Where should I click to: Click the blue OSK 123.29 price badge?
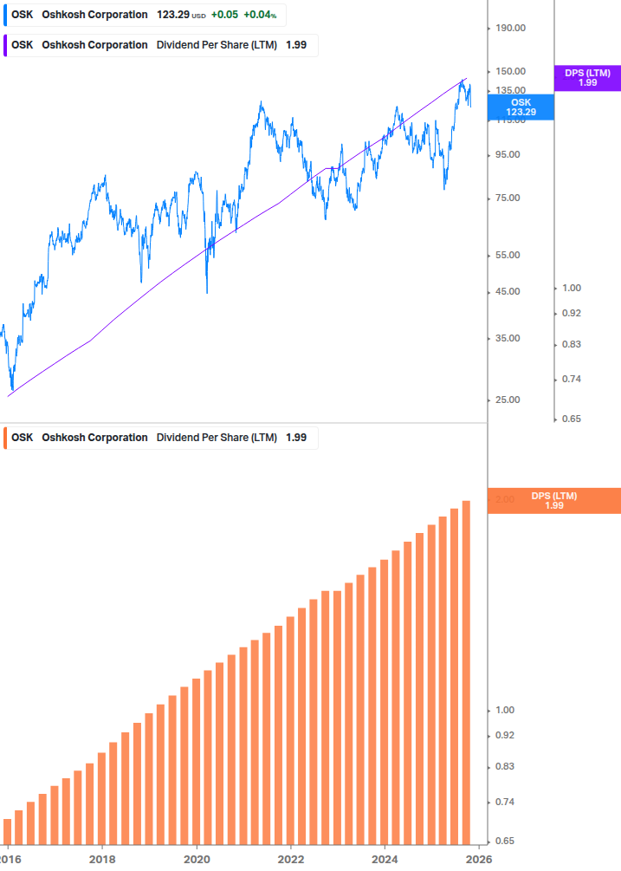[521, 107]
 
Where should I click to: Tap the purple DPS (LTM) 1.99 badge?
[587, 78]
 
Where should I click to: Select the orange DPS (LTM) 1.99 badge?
[554, 500]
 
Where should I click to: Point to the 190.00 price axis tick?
[510, 28]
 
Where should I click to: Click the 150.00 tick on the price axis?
[510, 71]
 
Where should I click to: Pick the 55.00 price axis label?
[508, 255]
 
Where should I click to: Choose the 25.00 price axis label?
[508, 400]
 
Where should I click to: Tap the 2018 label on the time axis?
[102, 859]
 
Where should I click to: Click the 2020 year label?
[197, 859]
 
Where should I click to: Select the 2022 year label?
[291, 859]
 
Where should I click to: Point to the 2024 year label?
[385, 859]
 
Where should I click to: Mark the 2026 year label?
[479, 859]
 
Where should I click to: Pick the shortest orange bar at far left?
[8, 832]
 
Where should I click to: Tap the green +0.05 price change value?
[223, 15]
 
